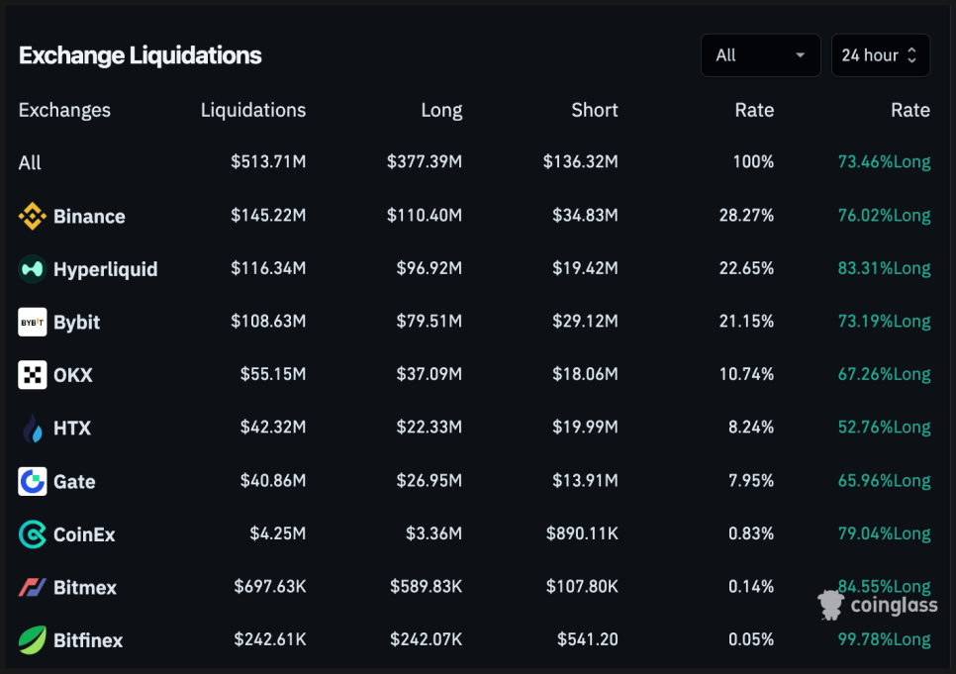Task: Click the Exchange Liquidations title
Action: [x=140, y=55]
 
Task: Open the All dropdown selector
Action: [x=760, y=55]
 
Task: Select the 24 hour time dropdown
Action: [x=880, y=55]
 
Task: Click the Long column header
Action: [x=441, y=110]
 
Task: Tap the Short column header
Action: [x=594, y=110]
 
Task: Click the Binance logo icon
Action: [x=33, y=216]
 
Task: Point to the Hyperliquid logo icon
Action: [x=33, y=268]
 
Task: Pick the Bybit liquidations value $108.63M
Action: [x=268, y=322]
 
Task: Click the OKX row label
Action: [x=72, y=375]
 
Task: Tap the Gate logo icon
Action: [x=33, y=481]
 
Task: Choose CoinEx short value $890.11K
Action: [x=582, y=533]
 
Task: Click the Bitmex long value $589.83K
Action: [x=426, y=587]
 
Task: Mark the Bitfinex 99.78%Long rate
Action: [x=884, y=639]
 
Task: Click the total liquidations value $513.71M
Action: [x=268, y=162]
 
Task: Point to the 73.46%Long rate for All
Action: [x=884, y=162]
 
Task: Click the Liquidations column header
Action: [x=253, y=110]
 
